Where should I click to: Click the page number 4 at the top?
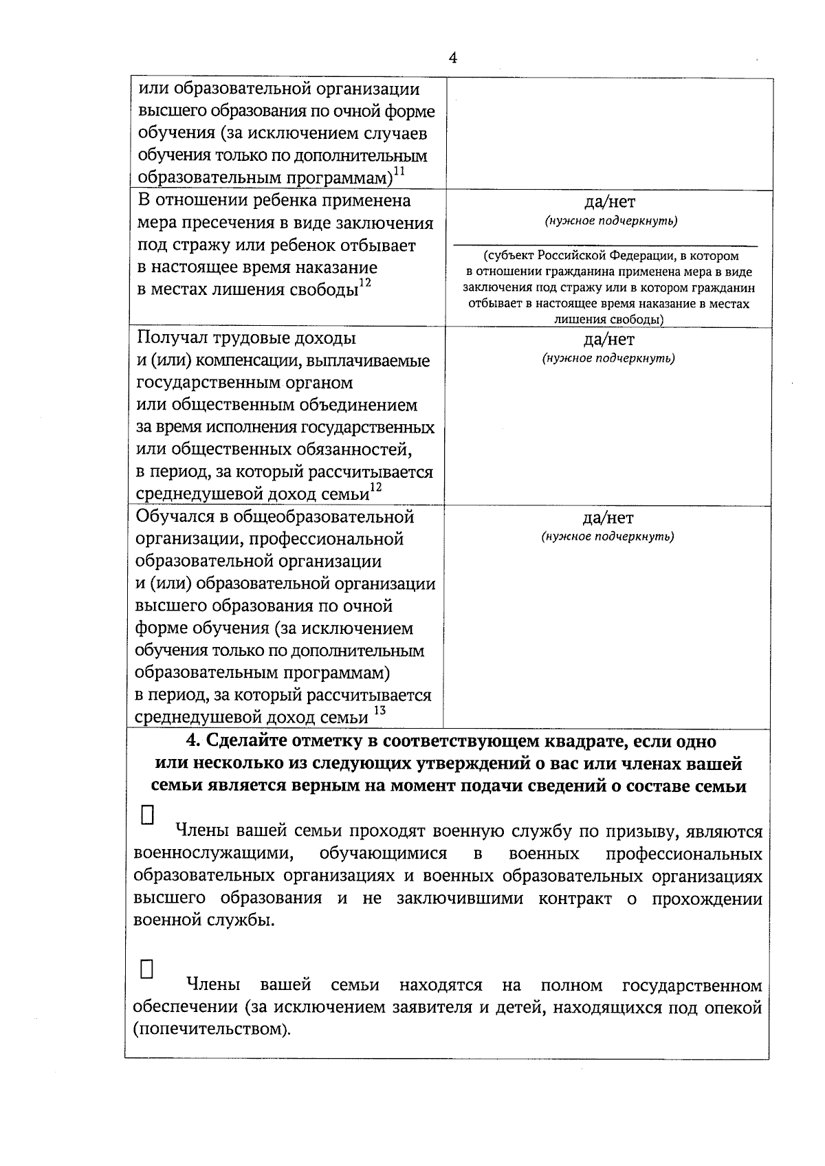tap(452, 58)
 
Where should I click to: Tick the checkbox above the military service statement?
tap(146, 815)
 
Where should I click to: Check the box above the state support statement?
tap(146, 969)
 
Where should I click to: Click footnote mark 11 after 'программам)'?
tap(399, 171)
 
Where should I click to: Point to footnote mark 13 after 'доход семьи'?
tap(379, 712)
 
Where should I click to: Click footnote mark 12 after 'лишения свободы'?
tap(365, 283)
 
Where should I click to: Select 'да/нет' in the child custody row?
tap(609, 202)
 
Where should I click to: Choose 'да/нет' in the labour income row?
tap(609, 339)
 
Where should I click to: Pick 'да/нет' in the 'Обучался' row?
tap(608, 518)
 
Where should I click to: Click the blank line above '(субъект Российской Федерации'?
tap(605, 244)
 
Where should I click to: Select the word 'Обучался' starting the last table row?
tap(178, 517)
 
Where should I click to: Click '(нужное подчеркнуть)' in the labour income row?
tap(608, 358)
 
